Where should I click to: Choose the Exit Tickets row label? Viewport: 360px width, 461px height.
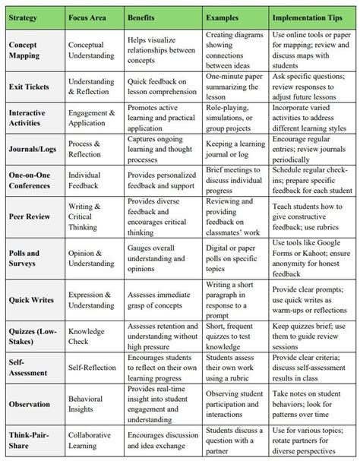click(x=28, y=88)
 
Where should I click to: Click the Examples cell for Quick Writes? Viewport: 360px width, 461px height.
click(x=235, y=299)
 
